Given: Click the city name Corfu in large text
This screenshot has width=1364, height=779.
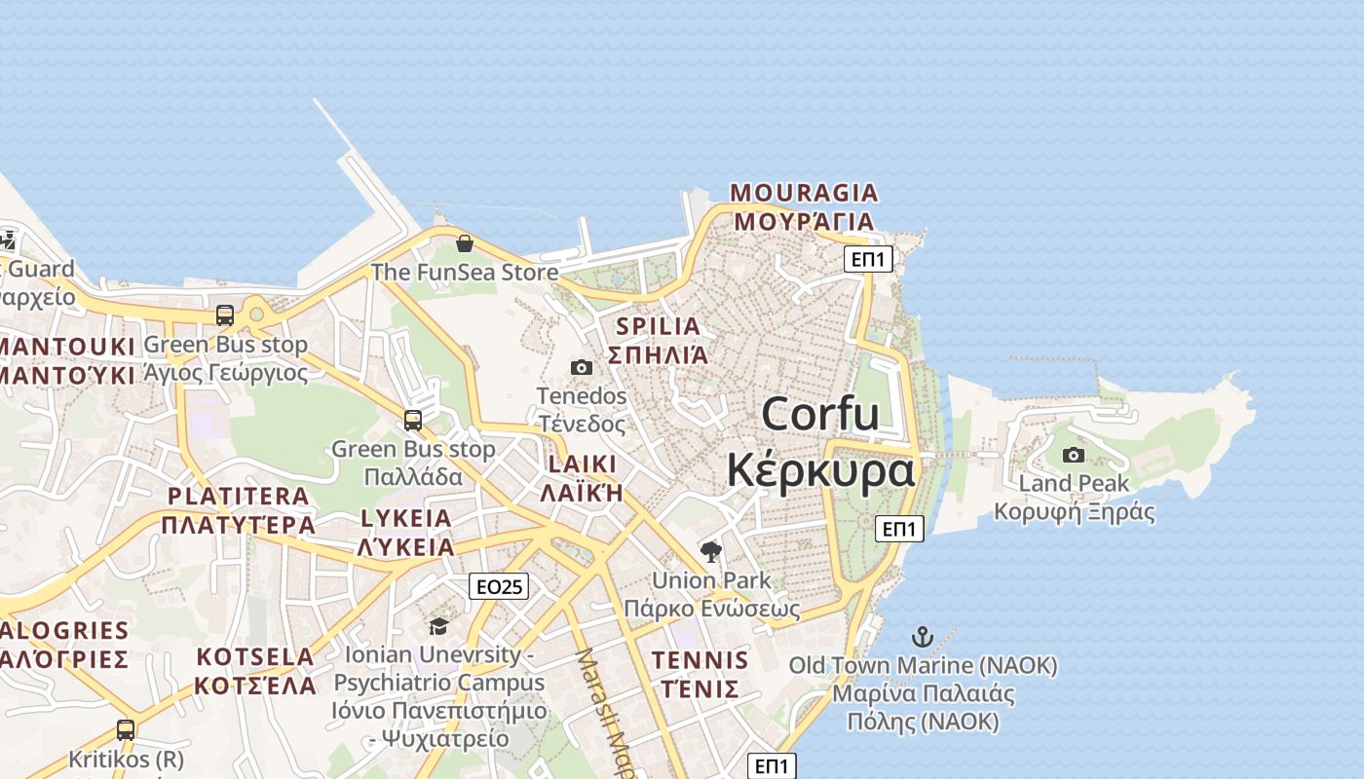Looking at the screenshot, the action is pos(820,414).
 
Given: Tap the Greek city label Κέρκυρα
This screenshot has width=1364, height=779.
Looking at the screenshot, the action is pos(820,470).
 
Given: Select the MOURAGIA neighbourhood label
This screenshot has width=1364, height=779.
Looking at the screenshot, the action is pos(804,193).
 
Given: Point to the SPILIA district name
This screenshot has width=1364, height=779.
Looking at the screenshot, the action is pos(659,326).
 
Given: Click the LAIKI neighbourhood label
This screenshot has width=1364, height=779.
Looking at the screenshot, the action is pos(582,464).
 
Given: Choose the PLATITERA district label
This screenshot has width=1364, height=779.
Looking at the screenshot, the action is pos(239,496).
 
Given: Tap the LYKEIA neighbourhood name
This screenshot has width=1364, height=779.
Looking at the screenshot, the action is pos(406,518).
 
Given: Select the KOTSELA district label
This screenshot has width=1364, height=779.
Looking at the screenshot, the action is pos(255,656).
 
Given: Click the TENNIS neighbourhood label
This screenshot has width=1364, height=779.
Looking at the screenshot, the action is pos(701,660).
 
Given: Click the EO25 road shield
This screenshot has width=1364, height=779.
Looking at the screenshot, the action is pos(499,586).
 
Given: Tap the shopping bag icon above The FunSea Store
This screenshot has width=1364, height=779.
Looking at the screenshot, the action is pos(465,242).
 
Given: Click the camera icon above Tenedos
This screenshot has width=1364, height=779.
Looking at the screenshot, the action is pos(582,367).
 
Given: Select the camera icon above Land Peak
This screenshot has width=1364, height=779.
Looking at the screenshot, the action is pos(1073,455).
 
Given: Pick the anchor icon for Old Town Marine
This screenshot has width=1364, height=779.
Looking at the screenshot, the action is pos(922,638).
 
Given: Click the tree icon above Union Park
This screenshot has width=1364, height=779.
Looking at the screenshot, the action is pos(711,552).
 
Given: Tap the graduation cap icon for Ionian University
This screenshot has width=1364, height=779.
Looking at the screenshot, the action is pos(438,626).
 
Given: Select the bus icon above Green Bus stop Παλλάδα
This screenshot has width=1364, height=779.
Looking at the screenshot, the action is pos(413,421).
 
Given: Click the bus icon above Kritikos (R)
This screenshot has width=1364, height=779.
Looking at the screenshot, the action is pos(125,729).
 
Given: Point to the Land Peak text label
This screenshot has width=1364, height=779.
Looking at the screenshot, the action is pos(1074,484).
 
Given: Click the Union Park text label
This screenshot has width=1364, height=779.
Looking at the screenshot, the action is pos(711,580).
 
